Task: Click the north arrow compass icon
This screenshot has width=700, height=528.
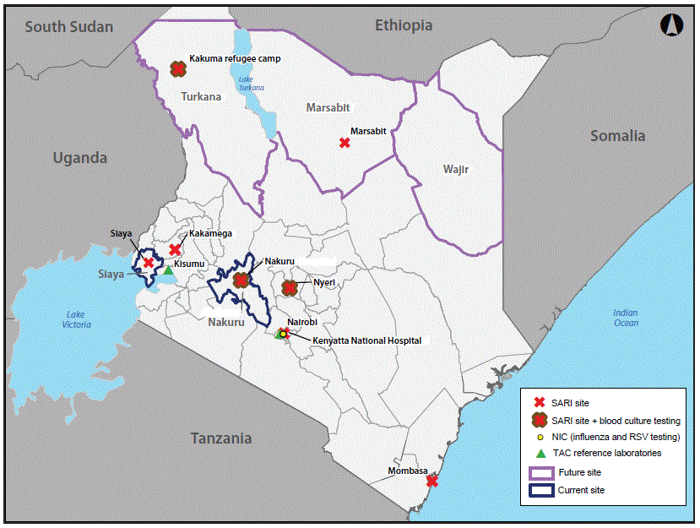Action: coord(670,25)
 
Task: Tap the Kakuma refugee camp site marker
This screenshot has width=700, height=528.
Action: coord(177,69)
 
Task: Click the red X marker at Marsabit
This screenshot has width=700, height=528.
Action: coord(345,143)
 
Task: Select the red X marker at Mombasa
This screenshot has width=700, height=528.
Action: coord(432,481)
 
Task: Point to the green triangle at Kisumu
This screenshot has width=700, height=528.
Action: coord(168,270)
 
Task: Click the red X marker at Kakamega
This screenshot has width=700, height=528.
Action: coord(175,249)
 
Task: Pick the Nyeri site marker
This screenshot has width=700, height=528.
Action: coord(290,288)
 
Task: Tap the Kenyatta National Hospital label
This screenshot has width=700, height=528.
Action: coord(366,340)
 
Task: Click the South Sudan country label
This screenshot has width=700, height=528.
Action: coord(68,27)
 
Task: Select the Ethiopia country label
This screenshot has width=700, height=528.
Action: coord(404,25)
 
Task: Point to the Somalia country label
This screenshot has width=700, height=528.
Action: coord(617,136)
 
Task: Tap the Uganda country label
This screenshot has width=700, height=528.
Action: coord(80,158)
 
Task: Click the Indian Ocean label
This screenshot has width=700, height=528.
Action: coord(626,318)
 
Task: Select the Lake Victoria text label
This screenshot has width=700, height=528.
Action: coord(76,318)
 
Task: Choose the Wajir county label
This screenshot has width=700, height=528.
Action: coord(455,170)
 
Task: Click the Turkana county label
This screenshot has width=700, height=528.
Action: coord(201,96)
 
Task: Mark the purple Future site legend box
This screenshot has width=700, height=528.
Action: coord(540,472)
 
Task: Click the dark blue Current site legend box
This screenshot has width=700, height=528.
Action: coord(540,490)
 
